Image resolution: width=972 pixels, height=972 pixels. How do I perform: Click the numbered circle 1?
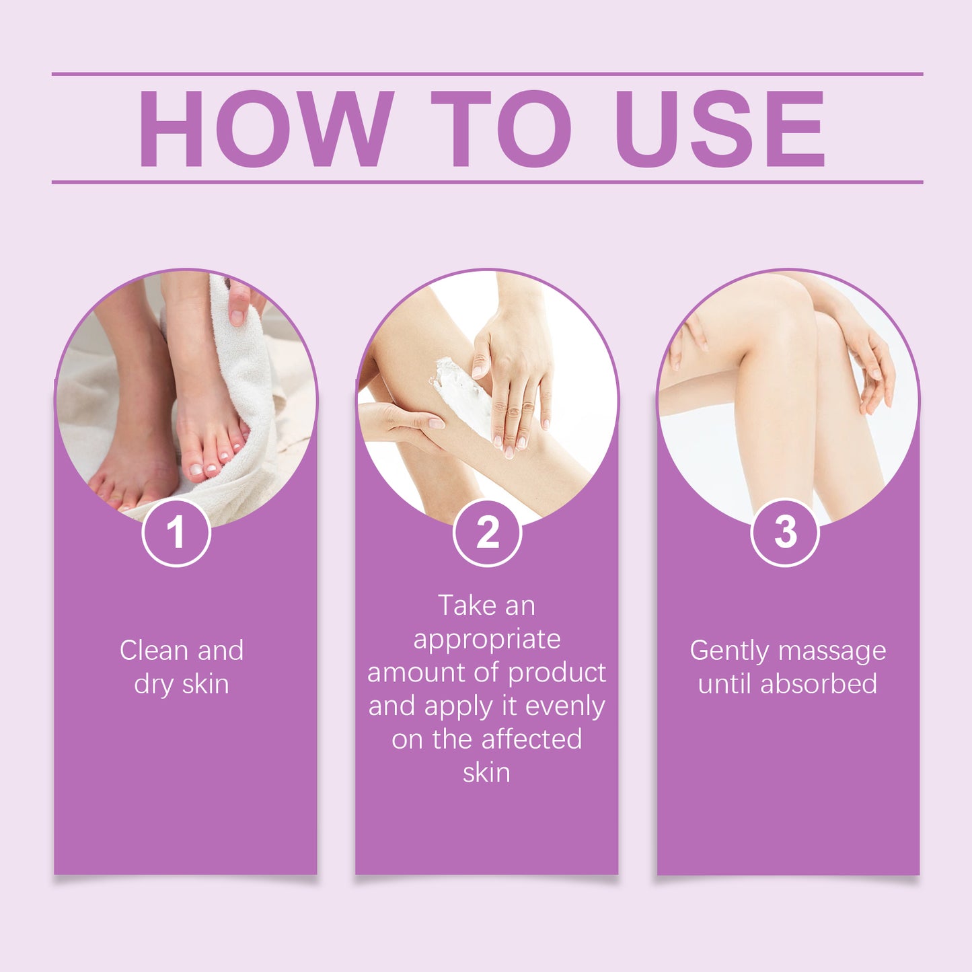[176, 533]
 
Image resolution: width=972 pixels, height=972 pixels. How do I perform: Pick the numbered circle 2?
[487, 533]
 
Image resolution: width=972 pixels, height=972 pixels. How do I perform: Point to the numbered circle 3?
[785, 533]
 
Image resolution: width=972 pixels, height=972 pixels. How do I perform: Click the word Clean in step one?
[153, 650]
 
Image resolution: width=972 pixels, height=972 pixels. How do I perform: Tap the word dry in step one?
[153, 685]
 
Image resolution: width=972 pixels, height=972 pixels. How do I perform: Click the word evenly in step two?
[565, 706]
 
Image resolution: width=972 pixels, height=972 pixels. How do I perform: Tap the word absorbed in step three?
[819, 684]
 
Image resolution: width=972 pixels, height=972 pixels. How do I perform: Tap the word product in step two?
[557, 673]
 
